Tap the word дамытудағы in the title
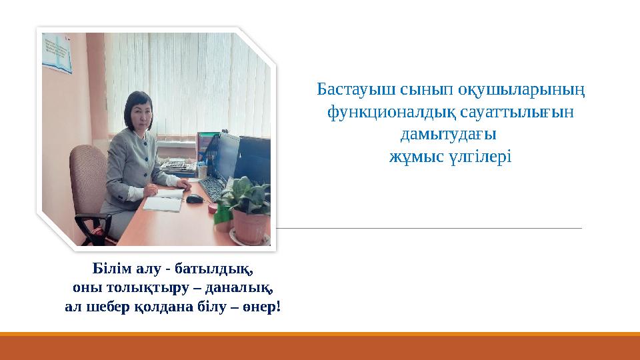[449, 134]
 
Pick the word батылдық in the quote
[214, 269]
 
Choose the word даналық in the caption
[239, 288]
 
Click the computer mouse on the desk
[195, 199]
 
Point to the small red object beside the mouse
[212, 208]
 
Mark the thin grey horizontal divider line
[429, 228]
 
